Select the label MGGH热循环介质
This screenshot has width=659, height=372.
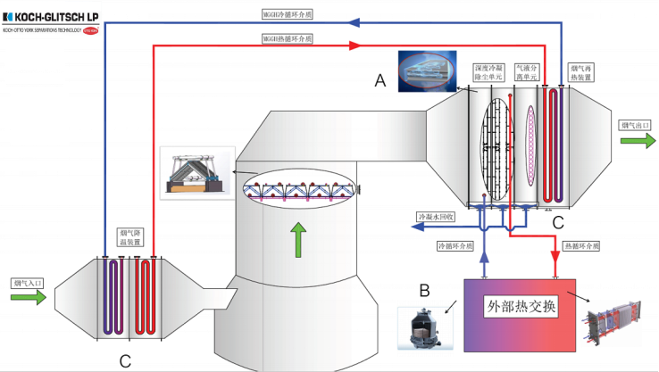(285, 39)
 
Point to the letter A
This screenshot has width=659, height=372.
(380, 81)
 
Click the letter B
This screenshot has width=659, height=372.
(424, 290)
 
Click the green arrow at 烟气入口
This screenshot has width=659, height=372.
(29, 297)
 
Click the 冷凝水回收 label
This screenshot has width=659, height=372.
(437, 217)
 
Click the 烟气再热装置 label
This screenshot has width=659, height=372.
(582, 73)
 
